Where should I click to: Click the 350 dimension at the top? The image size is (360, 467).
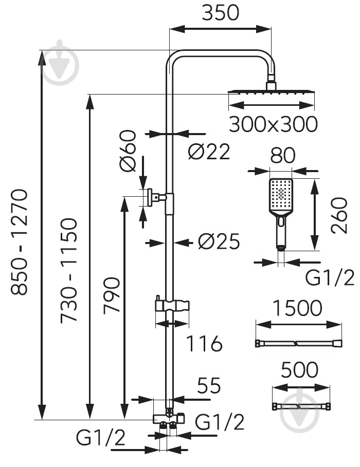[x=221, y=13]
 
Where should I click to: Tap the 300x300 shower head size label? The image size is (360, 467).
[x=273, y=124]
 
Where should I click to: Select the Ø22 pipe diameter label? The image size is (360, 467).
[x=209, y=151]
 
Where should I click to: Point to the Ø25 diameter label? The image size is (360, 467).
[x=219, y=241]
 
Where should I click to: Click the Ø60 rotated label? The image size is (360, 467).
[x=128, y=151]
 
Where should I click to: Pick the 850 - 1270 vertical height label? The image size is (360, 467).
[x=20, y=242]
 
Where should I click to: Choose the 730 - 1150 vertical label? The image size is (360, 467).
[x=69, y=270]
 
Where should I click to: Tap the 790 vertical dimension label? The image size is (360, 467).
[x=112, y=295]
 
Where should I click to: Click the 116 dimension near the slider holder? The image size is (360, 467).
[x=204, y=343]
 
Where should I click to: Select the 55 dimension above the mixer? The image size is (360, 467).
[x=209, y=385]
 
